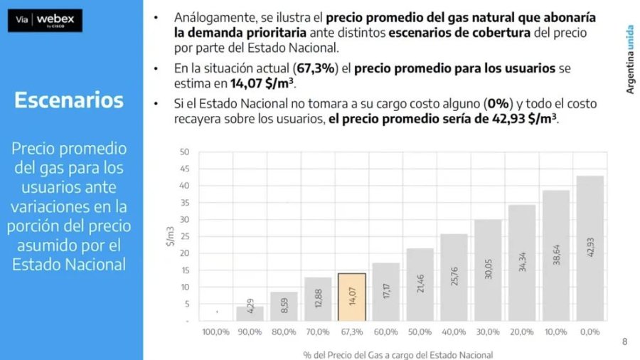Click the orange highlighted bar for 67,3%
pyautogui.click(x=351, y=297)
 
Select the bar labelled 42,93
pyautogui.click(x=590, y=248)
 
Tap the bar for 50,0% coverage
pyautogui.click(x=420, y=285)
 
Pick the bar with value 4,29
pyautogui.click(x=250, y=313)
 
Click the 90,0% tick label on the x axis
pyautogui.click(x=250, y=332)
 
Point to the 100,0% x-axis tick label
pyautogui.click(x=215, y=332)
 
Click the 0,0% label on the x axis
pyautogui.click(x=590, y=332)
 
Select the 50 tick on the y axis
pyautogui.click(x=185, y=152)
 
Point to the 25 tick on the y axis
pyautogui.click(x=185, y=236)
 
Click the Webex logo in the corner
pyautogui.click(x=50, y=20)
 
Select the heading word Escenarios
pyautogui.click(x=69, y=100)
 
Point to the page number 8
pyautogui.click(x=624, y=342)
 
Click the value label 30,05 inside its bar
pyautogui.click(x=488, y=269)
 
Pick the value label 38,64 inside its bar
pyautogui.click(x=555, y=255)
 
